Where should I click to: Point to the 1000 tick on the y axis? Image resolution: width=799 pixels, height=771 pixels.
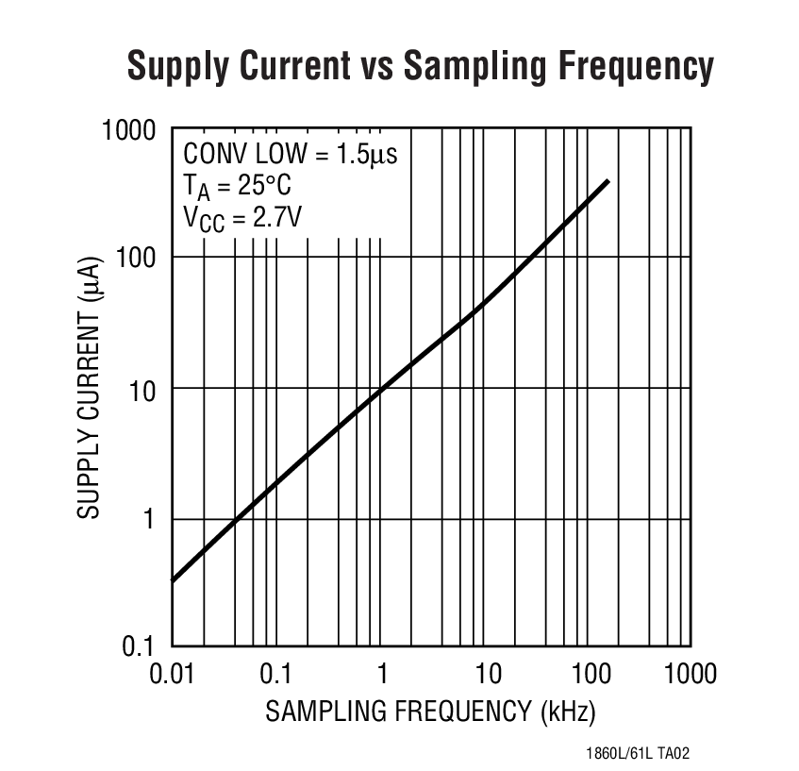click(x=128, y=128)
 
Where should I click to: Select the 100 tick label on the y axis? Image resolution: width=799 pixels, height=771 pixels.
click(x=136, y=258)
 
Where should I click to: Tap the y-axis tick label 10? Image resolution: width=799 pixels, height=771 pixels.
click(x=142, y=389)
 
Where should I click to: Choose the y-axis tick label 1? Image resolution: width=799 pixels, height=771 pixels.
click(x=149, y=519)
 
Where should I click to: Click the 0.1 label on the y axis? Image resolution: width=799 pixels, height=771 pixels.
click(x=140, y=648)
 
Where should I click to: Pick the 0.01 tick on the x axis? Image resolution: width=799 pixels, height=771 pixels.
click(x=171, y=674)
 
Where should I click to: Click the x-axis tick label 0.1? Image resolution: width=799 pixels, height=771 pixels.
click(x=275, y=674)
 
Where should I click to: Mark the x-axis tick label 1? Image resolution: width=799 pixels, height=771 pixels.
click(x=382, y=674)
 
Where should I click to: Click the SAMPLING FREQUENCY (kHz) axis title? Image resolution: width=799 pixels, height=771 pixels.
click(x=430, y=711)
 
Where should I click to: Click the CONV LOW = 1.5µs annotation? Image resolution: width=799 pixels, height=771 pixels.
click(x=290, y=154)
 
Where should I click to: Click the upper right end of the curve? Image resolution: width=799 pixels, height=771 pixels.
click(x=608, y=181)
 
